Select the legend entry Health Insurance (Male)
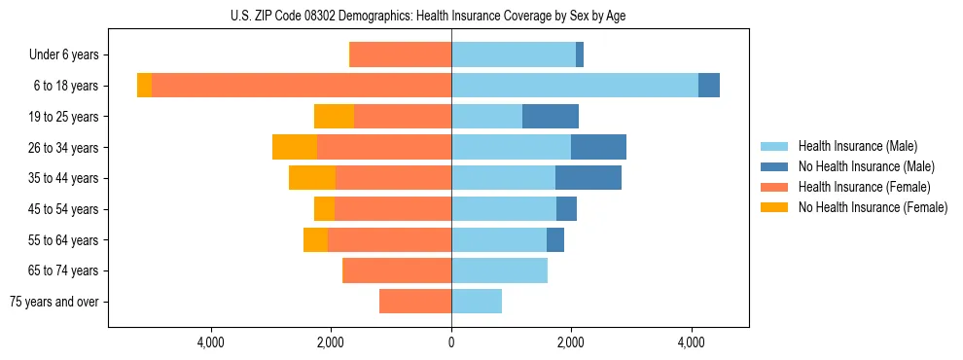pyautogui.click(x=857, y=146)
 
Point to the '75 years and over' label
pyautogui.click(x=54, y=302)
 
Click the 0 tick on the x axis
pyautogui.click(x=451, y=342)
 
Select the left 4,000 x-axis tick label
pyautogui.click(x=211, y=342)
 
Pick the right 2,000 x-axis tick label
pyautogui.click(x=571, y=342)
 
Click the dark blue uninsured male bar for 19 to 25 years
pyautogui.click(x=551, y=117)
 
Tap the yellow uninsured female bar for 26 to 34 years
pyautogui.click(x=295, y=147)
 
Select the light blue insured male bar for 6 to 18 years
pyautogui.click(x=575, y=86)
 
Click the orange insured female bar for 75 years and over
pyautogui.click(x=415, y=302)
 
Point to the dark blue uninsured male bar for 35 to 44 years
pyautogui.click(x=588, y=178)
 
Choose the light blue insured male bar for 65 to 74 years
pyautogui.click(x=499, y=270)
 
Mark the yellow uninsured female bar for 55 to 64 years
pyautogui.click(x=315, y=239)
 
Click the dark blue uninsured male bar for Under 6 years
pyautogui.click(x=580, y=55)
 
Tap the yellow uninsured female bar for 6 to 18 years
pyautogui.click(x=144, y=86)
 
